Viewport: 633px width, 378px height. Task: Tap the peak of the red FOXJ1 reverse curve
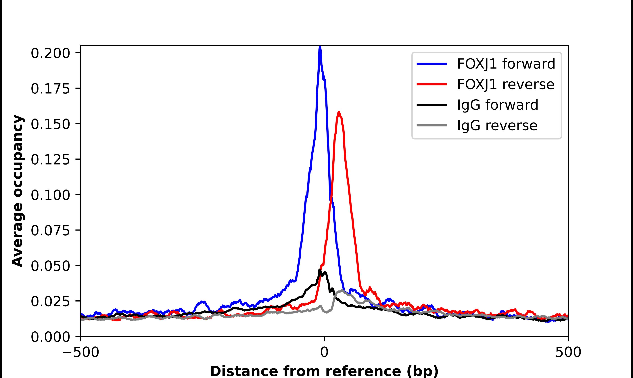[339, 112]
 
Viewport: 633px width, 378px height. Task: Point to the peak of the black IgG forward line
[320, 270]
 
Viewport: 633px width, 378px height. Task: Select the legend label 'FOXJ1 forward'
[506, 64]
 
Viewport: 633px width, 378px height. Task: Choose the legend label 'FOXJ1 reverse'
[505, 84]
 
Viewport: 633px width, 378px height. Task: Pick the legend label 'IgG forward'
[498, 105]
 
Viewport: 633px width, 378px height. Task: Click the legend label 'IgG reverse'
[497, 125]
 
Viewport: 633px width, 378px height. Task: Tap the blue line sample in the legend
[432, 64]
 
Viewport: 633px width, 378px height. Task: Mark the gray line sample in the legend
[432, 125]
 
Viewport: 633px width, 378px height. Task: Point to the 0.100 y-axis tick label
[50, 195]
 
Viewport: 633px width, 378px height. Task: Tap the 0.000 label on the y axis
[50, 337]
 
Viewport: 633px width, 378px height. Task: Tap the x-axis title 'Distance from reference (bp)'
[324, 371]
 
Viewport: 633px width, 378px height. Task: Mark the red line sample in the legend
[432, 84]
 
